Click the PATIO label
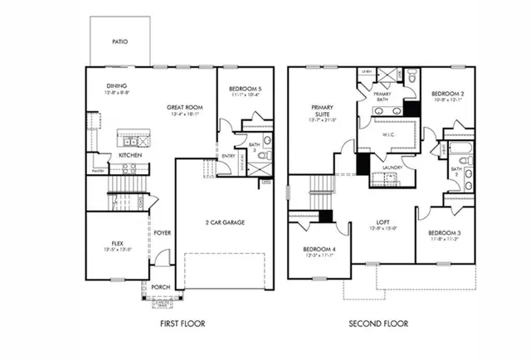119,41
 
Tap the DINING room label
116,85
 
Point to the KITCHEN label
129,155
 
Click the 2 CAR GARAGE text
223,222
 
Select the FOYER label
163,233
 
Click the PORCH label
159,288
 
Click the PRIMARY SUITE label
322,111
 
